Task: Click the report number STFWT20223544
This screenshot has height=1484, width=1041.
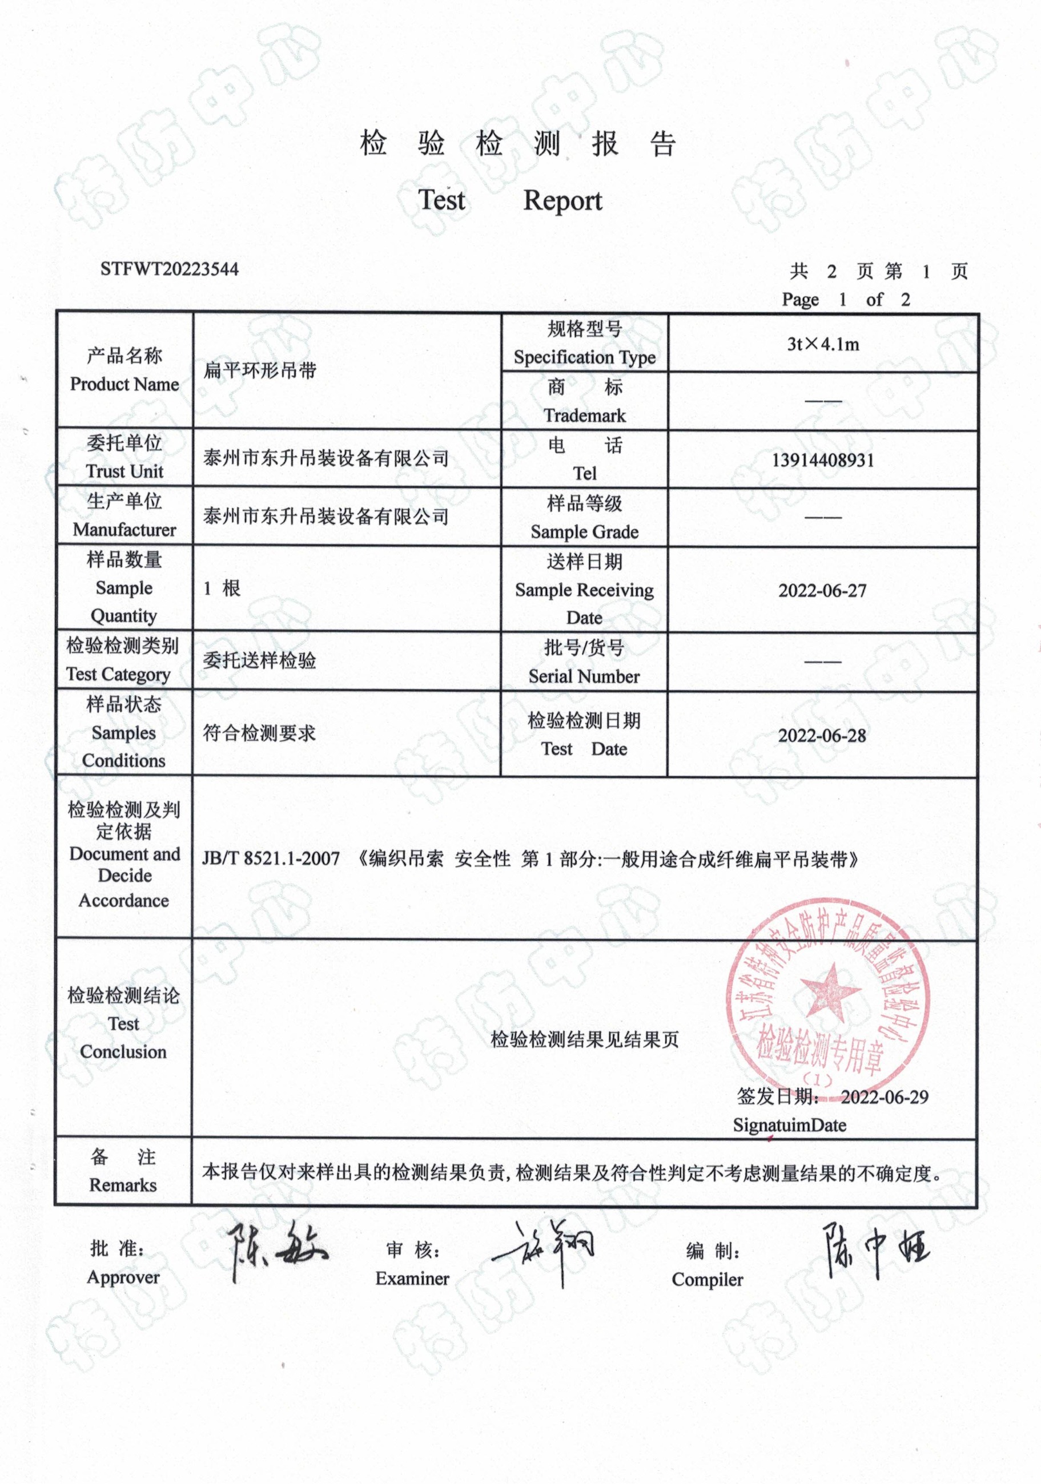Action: (x=170, y=269)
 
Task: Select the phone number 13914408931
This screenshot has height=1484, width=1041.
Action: (x=822, y=460)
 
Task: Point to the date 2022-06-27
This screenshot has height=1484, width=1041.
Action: (x=822, y=590)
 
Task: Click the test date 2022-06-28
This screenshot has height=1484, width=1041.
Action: (x=822, y=736)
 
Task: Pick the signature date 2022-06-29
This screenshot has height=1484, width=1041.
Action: (x=884, y=1097)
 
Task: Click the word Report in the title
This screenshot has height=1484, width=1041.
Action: (x=562, y=200)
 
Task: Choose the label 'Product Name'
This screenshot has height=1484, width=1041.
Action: (x=124, y=384)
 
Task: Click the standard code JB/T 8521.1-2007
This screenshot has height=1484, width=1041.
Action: (x=271, y=858)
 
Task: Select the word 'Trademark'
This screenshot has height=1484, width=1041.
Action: (x=585, y=415)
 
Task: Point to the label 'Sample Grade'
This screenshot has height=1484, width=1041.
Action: (x=585, y=531)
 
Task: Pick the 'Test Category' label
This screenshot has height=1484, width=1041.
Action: (x=118, y=674)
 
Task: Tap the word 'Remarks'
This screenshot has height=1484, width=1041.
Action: (x=123, y=1185)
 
